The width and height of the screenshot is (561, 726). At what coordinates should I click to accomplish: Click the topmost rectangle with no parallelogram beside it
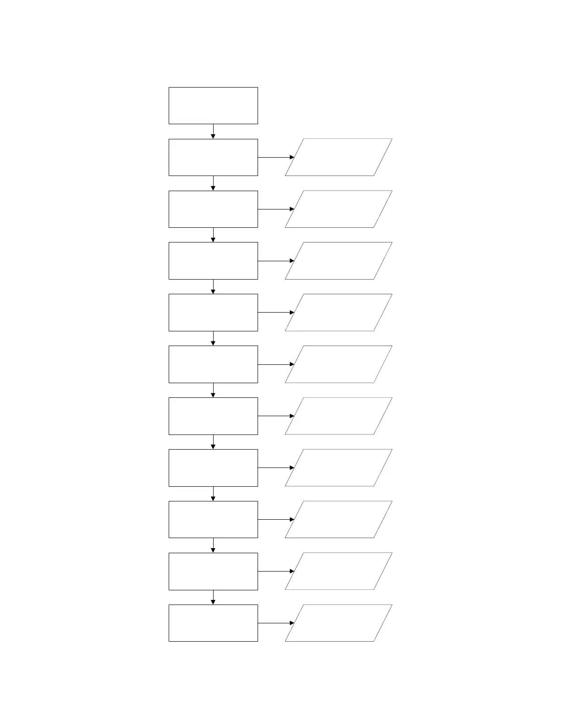click(213, 105)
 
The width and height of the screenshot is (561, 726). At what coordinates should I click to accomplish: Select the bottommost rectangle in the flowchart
click(213, 623)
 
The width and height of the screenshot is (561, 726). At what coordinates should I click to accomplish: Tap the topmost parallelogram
click(338, 157)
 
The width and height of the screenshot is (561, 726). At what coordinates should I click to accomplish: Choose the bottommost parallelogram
click(338, 623)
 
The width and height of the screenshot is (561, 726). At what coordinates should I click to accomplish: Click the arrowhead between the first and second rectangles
click(213, 136)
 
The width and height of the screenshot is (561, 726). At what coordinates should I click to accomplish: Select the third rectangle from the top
click(213, 209)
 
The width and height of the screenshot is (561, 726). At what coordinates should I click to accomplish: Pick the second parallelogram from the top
click(338, 209)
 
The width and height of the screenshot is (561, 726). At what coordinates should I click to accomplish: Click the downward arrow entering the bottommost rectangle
click(213, 597)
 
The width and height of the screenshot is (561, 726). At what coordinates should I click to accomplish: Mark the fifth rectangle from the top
click(213, 313)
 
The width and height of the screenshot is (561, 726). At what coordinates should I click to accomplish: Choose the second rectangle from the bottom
click(213, 571)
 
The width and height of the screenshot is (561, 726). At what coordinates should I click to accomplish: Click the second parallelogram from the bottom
click(338, 571)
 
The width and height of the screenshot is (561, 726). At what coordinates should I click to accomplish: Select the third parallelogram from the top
click(338, 261)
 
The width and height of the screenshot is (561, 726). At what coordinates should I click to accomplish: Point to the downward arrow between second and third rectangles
click(213, 183)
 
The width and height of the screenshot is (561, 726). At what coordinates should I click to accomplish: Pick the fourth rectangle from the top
click(213, 261)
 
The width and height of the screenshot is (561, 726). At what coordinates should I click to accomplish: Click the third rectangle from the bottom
click(213, 519)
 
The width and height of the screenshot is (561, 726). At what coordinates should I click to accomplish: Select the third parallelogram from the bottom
click(338, 519)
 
